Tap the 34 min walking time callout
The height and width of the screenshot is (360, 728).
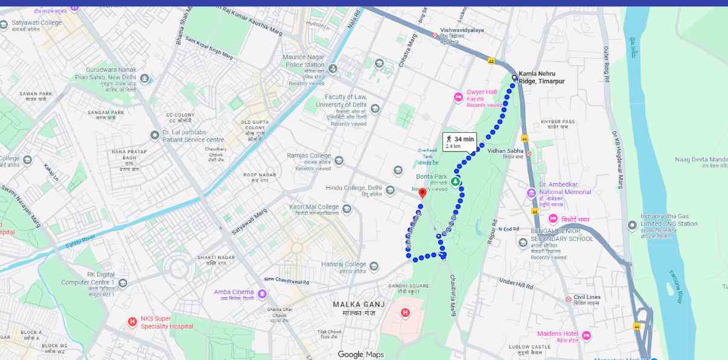[x=459, y=141]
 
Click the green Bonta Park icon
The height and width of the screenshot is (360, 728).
[x=456, y=181]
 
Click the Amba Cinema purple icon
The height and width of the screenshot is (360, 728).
[x=262, y=294]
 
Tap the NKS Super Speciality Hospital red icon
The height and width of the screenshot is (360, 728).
[x=132, y=321]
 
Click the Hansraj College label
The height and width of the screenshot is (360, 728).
[x=343, y=265]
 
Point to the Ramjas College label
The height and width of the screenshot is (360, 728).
[x=309, y=156]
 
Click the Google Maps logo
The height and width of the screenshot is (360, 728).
[x=360, y=355]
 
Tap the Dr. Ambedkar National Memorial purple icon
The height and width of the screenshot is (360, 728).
[x=531, y=193]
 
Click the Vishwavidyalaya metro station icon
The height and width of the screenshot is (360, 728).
[x=434, y=36]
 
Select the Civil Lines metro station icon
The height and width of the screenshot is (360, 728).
[x=568, y=299]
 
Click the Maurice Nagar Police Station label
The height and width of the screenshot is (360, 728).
[x=304, y=60]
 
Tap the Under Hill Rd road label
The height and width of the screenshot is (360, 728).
[x=516, y=283]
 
